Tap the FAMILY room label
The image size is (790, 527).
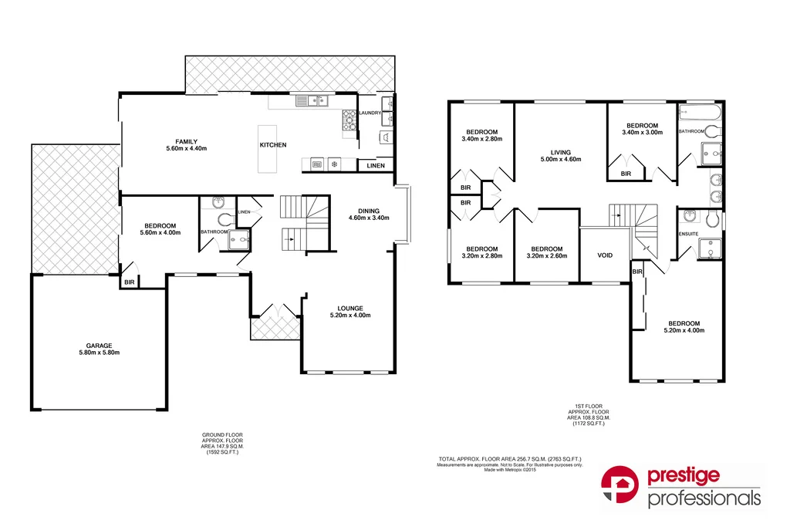click(186, 141)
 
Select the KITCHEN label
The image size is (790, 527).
click(272, 145)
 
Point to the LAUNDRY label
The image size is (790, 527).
click(370, 113)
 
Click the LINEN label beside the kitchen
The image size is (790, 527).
click(376, 166)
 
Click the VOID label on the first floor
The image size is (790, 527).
click(605, 255)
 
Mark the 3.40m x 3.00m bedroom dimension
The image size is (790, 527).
click(642, 133)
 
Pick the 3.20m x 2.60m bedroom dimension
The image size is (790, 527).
click(546, 256)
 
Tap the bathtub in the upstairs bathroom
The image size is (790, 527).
click(699, 113)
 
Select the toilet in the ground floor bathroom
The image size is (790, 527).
click(225, 220)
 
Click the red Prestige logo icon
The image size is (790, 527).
click(622, 485)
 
